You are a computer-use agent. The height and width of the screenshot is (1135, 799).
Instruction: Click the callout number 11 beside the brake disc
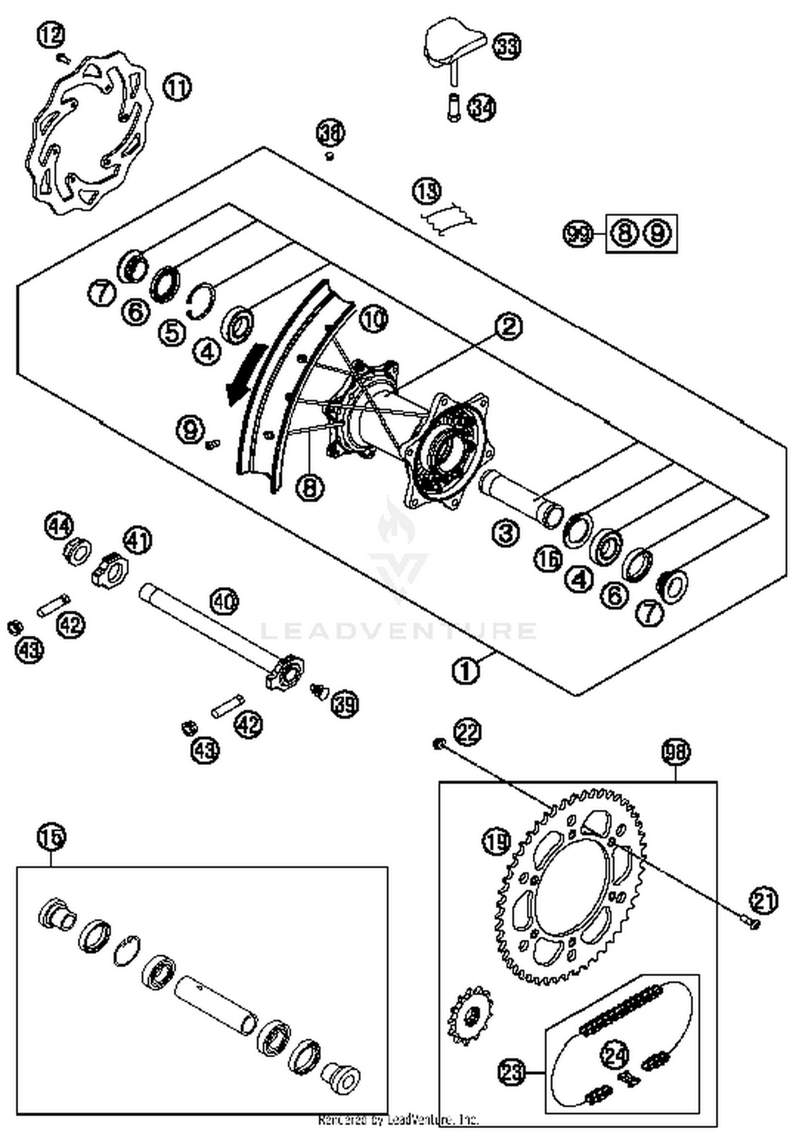tap(177, 87)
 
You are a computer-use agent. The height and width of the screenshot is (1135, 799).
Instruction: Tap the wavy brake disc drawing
tap(88, 133)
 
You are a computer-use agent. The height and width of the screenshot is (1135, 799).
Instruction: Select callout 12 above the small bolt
tap(51, 36)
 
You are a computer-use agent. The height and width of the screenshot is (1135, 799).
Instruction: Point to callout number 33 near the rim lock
tap(506, 46)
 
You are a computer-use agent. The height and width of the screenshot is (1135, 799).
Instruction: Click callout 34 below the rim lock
tap(482, 108)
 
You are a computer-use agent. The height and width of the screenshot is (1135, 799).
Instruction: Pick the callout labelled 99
tap(578, 233)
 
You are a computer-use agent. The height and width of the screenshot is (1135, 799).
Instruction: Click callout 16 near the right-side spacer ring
tap(549, 559)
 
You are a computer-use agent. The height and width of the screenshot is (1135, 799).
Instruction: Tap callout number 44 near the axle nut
tap(59, 527)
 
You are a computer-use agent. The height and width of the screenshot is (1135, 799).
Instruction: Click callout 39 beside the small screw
tap(344, 704)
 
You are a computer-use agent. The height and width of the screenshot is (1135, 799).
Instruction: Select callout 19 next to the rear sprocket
tap(496, 842)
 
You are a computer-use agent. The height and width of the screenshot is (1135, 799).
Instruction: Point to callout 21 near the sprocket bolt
tap(763, 900)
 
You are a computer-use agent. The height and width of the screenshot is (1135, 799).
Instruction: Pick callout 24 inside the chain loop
tap(615, 1054)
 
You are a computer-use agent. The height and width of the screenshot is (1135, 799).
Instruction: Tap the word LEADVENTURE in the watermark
tap(398, 631)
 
